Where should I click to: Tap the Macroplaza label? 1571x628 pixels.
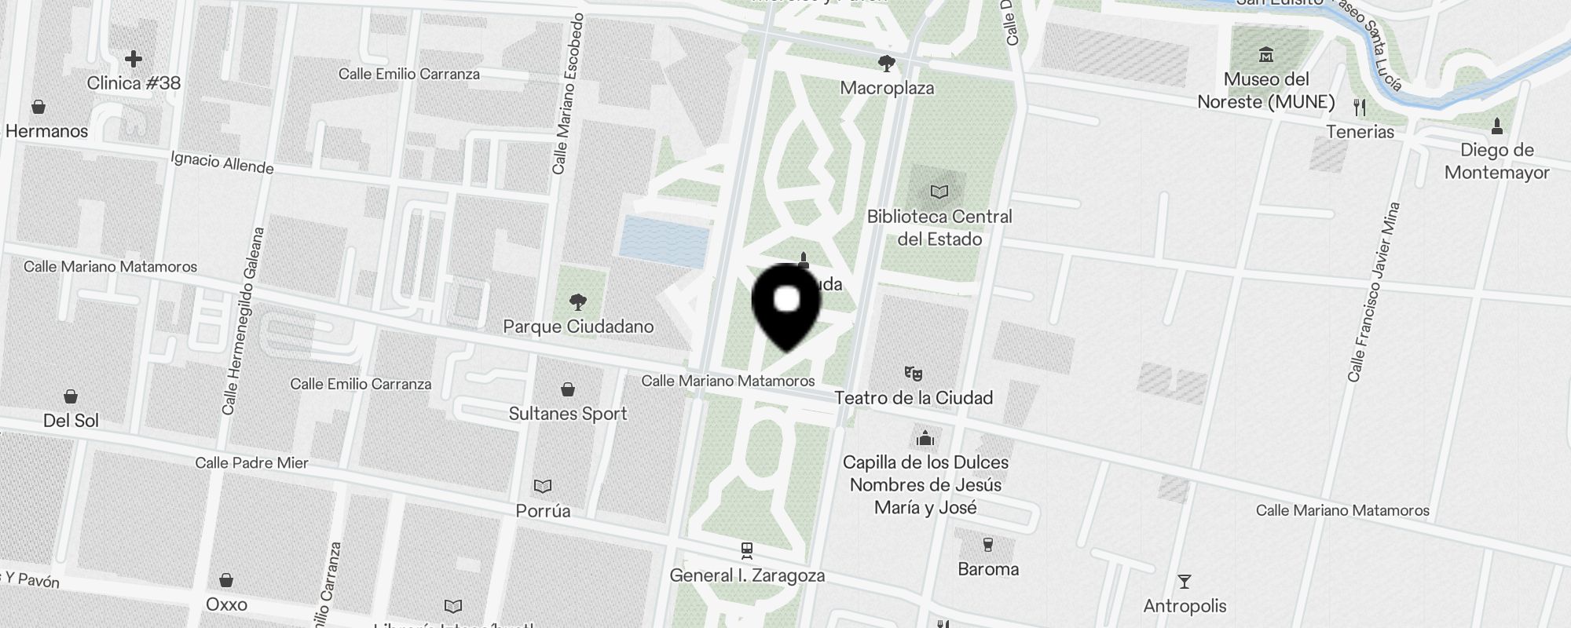click(x=887, y=88)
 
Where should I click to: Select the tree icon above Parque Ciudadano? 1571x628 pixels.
click(x=578, y=302)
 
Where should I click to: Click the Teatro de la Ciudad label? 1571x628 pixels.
click(x=914, y=398)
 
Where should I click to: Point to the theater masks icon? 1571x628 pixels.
click(x=913, y=373)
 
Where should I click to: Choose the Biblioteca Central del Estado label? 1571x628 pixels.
click(x=939, y=228)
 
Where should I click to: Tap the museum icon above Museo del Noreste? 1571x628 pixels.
click(x=1265, y=55)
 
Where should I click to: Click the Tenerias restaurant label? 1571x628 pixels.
click(x=1360, y=132)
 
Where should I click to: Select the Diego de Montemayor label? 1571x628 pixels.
click(x=1496, y=161)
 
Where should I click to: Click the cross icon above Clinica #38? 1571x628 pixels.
click(x=134, y=59)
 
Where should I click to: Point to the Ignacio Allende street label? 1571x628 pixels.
click(x=222, y=162)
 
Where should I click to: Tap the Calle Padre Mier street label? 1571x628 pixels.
click(x=251, y=463)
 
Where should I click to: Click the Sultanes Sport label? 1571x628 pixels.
click(x=568, y=414)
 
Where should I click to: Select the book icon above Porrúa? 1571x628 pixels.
click(x=543, y=487)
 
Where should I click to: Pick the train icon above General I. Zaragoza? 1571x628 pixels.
click(x=746, y=550)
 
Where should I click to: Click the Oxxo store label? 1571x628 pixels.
click(x=226, y=604)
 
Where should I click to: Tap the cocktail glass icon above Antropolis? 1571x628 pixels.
click(x=1184, y=582)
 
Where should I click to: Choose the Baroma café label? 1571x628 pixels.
click(x=988, y=569)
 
